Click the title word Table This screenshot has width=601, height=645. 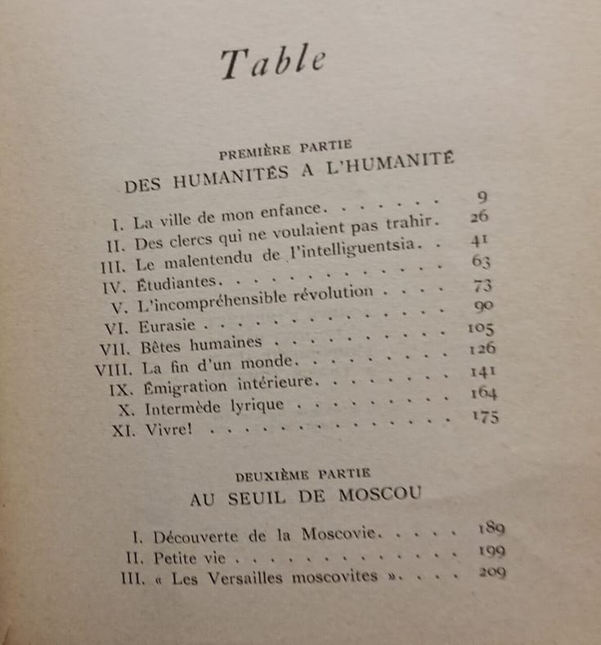tap(273, 64)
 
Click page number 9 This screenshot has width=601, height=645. tap(481, 196)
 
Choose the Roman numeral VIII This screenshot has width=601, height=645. tap(114, 368)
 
